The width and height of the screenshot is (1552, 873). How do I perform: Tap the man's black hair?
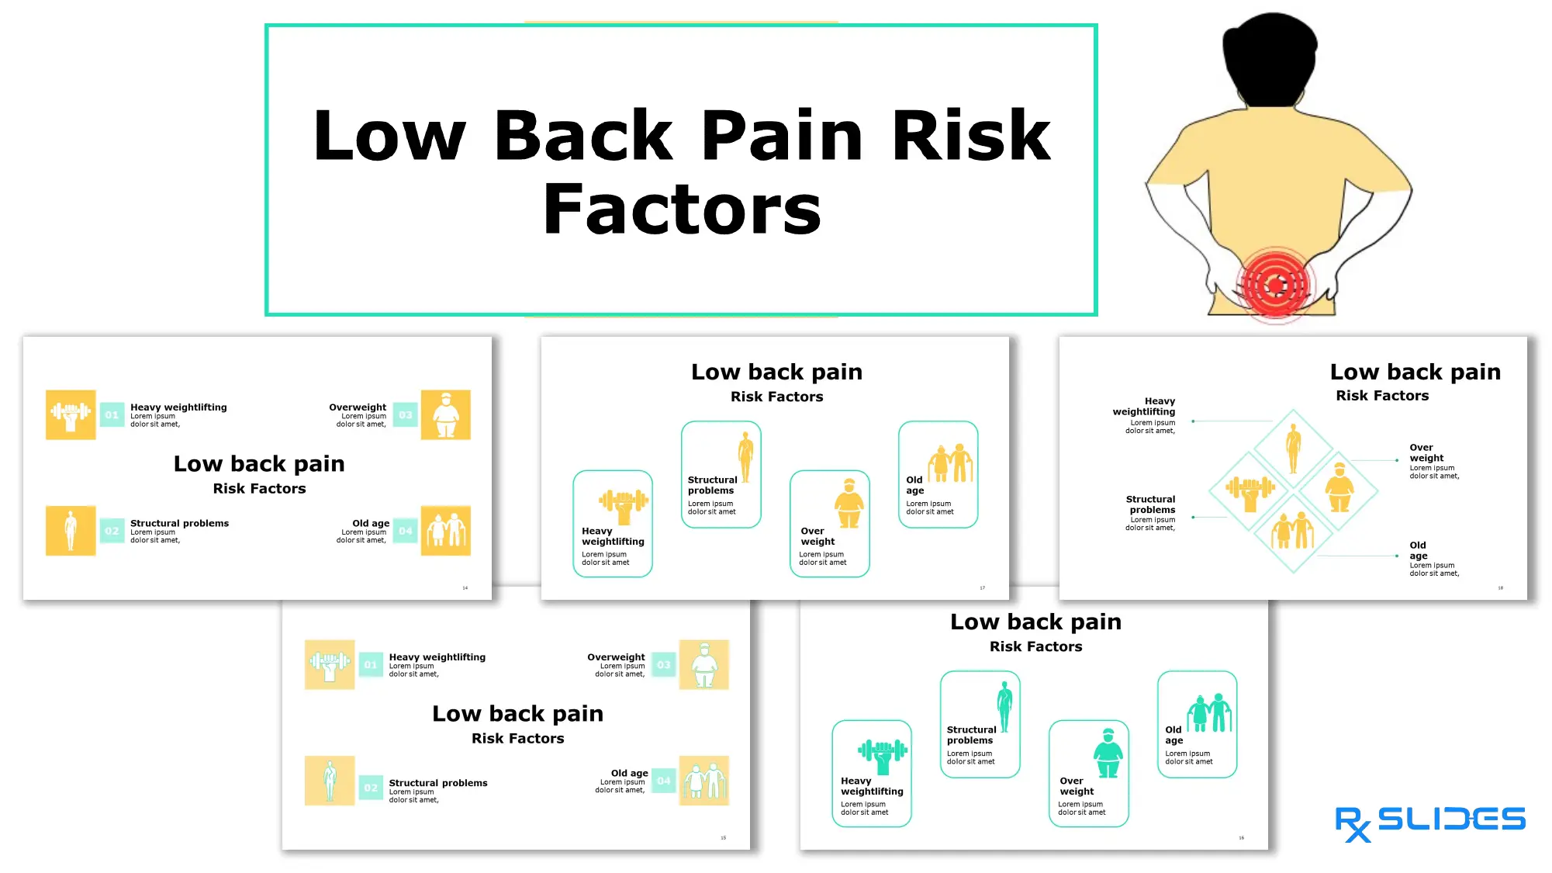(1269, 58)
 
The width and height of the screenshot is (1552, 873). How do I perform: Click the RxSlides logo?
(1429, 822)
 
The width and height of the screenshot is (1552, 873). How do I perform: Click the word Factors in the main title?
(682, 210)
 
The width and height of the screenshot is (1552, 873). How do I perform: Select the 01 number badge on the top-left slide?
(112, 415)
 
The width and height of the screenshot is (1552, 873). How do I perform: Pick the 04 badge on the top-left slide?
(405, 531)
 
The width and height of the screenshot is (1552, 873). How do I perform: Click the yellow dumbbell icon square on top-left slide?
(71, 415)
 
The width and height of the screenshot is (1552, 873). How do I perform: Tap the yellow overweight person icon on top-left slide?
(445, 415)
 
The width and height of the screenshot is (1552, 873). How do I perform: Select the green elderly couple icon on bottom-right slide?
(1208, 712)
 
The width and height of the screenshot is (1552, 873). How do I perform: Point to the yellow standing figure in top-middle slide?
(745, 457)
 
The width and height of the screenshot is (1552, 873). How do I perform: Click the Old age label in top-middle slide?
(915, 485)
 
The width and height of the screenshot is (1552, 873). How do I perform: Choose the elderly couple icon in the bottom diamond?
(1292, 532)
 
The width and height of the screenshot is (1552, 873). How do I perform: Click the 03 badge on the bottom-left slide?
(663, 665)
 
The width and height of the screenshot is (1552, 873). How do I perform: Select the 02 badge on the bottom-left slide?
(371, 788)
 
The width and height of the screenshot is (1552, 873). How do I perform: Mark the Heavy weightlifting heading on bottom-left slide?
(437, 657)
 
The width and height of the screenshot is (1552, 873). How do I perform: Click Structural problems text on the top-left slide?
(179, 523)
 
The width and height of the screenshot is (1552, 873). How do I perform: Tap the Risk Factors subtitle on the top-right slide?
(1381, 396)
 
